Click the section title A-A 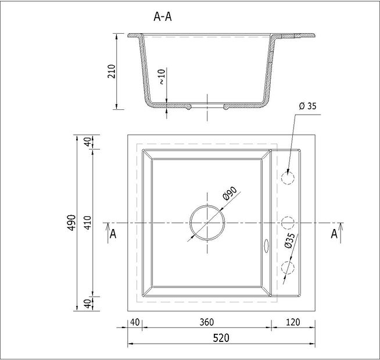point(162,17)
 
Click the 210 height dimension point(112,72)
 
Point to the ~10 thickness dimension point(162,77)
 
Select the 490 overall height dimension point(71,223)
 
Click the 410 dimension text point(88,223)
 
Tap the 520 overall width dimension point(221,338)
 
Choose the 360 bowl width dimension point(207,322)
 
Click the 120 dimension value point(293,322)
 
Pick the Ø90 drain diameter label point(230,194)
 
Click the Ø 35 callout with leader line point(307,106)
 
